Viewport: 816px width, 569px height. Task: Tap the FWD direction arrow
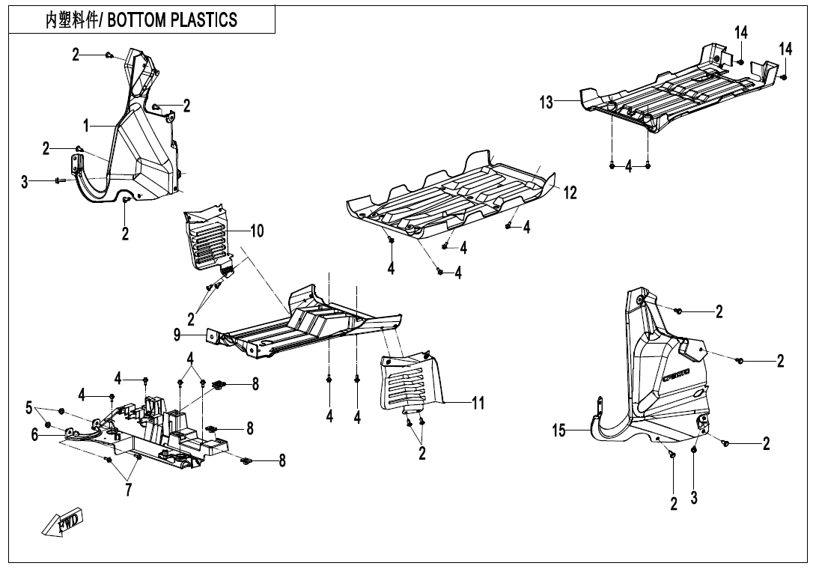[x=63, y=521]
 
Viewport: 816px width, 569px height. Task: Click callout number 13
[x=547, y=103]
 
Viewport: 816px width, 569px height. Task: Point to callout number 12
[x=570, y=192]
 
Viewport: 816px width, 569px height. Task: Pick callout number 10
[x=256, y=231]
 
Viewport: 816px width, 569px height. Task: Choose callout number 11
[x=478, y=404]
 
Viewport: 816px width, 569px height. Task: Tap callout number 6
[x=35, y=434]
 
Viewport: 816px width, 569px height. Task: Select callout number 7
[x=129, y=490]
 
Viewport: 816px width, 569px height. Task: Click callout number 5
[x=29, y=407]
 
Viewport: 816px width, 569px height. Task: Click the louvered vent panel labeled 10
[x=209, y=240]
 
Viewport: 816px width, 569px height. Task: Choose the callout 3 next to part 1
[x=25, y=180]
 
